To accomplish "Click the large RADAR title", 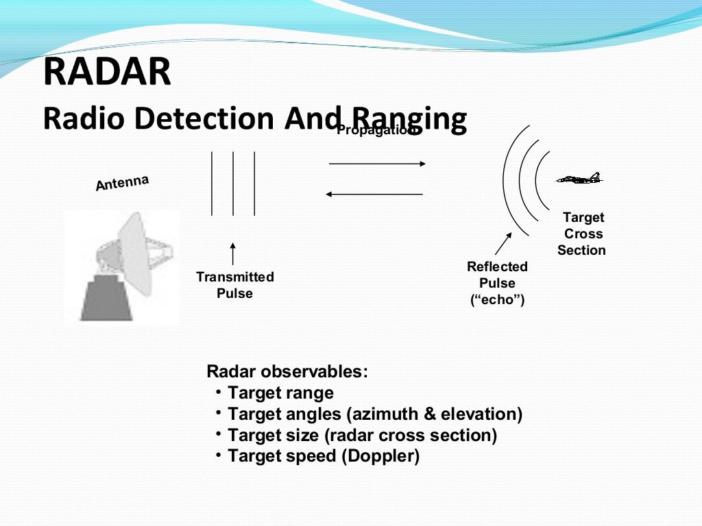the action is click(x=107, y=73).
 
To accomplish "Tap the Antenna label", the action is click(x=122, y=183).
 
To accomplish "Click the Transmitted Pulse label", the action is click(x=234, y=285).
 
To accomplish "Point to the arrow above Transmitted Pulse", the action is click(x=233, y=253).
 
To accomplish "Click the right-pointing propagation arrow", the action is click(x=377, y=164).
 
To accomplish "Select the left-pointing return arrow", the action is click(x=374, y=195).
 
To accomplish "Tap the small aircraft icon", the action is click(x=579, y=179).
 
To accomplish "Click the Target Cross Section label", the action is click(x=581, y=234).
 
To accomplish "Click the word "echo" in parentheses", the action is click(x=497, y=299).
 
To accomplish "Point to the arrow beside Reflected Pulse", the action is click(x=503, y=244).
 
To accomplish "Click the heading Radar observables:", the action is click(x=287, y=372).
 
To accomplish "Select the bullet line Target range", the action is click(x=280, y=393).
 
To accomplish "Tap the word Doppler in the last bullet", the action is click(x=379, y=456).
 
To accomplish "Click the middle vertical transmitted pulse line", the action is click(x=233, y=183).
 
